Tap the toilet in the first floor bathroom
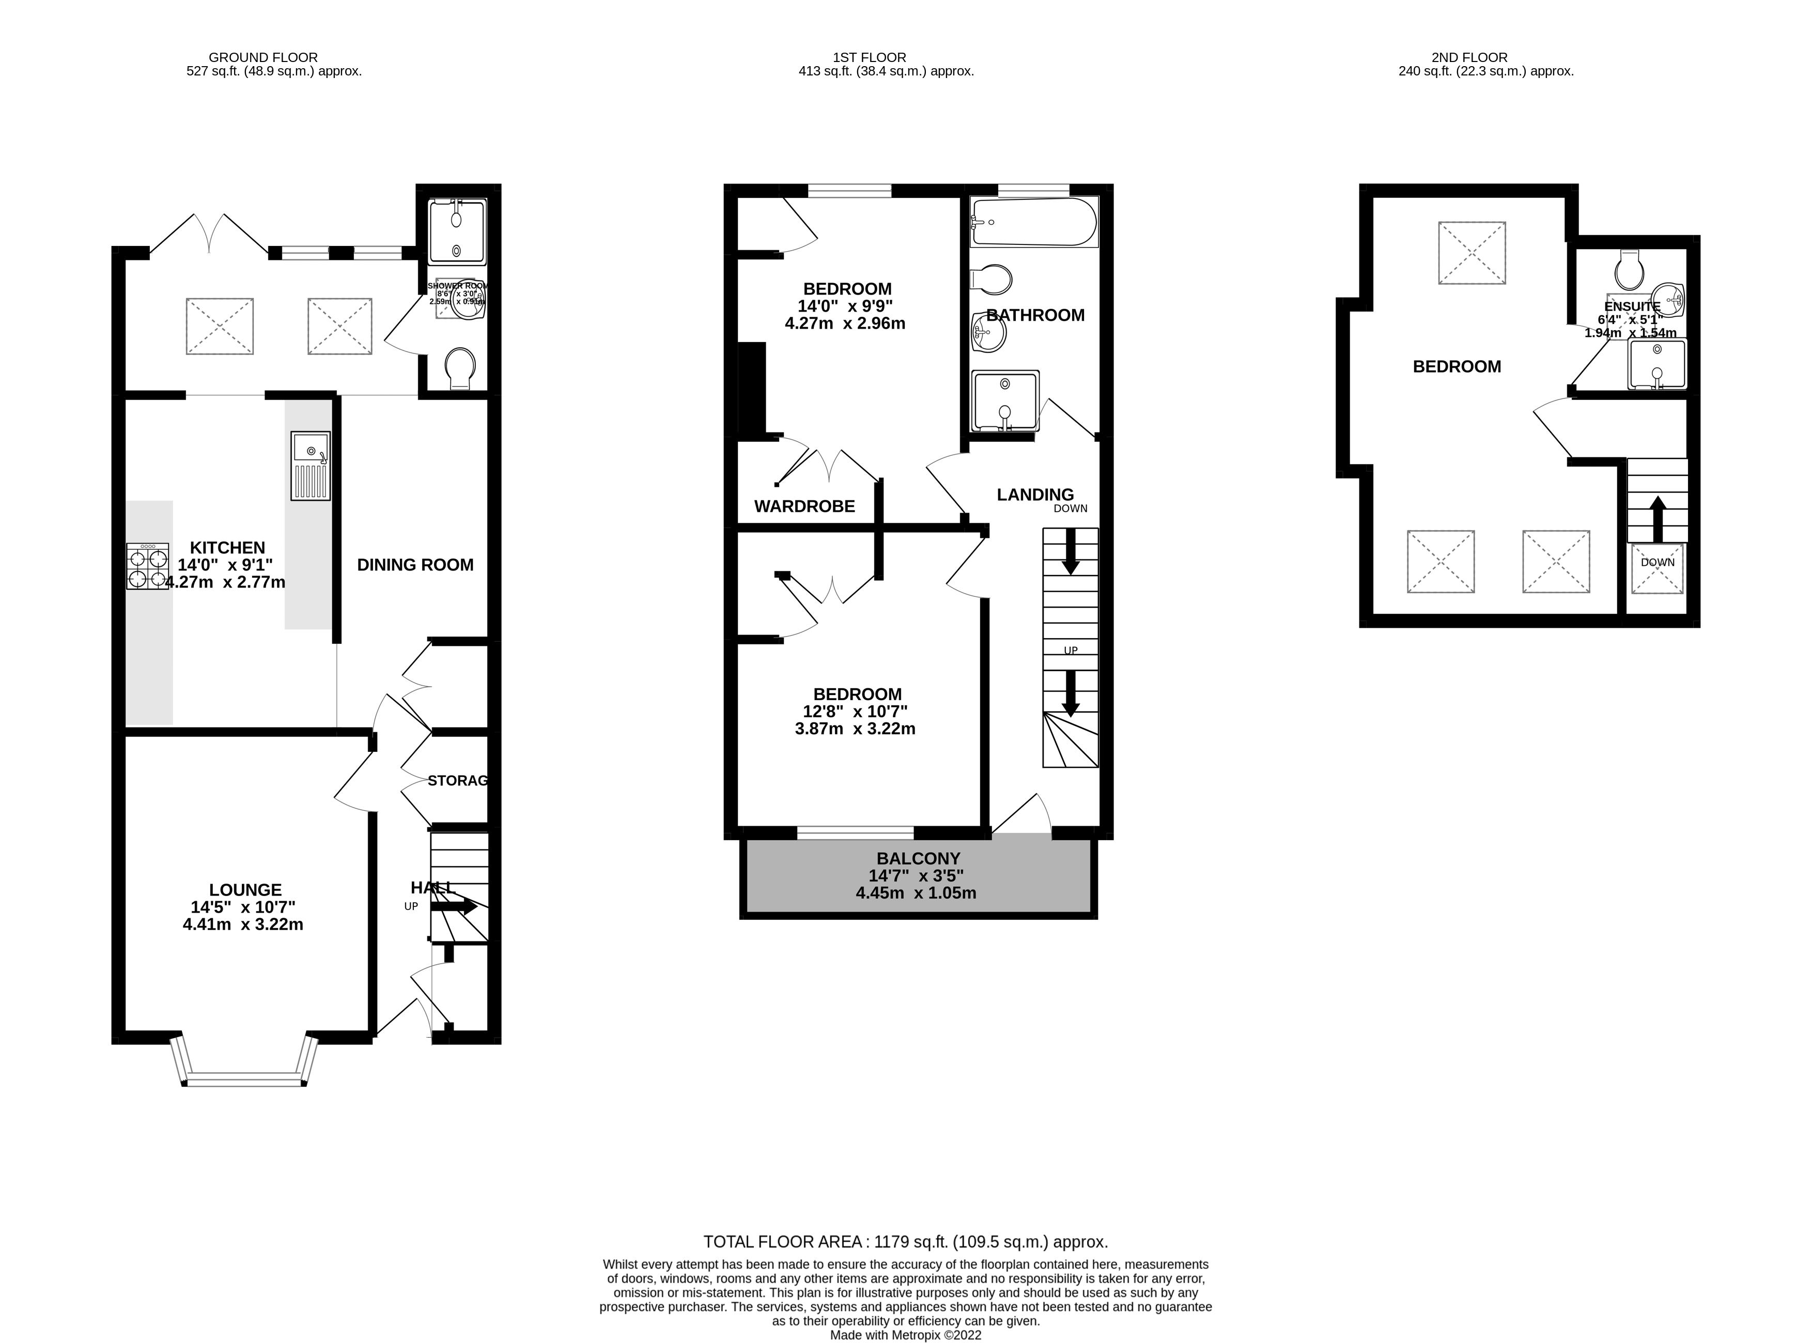point(992,280)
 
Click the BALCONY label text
point(918,858)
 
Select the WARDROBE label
point(804,506)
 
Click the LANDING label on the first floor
point(1035,495)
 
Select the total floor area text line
point(905,1241)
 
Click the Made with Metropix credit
point(905,1335)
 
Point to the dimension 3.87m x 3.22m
point(855,729)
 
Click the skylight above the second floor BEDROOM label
point(1472,253)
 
